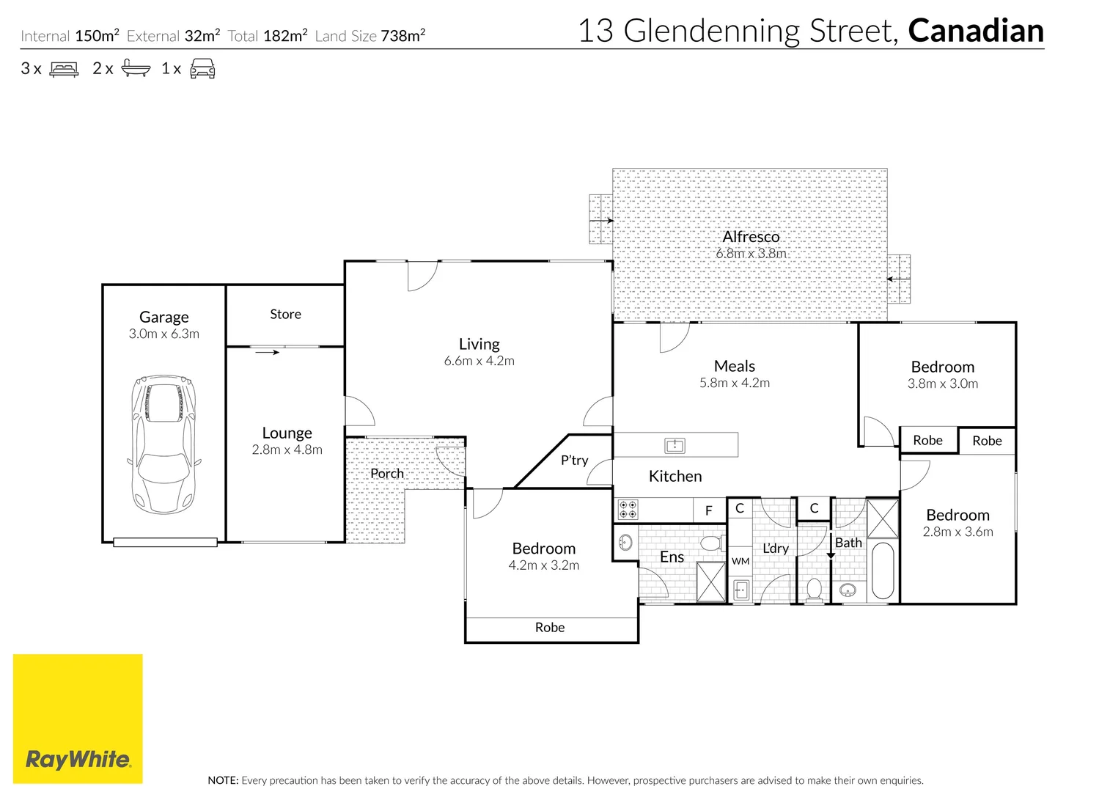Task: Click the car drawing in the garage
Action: [x=164, y=444]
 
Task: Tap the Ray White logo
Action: [x=78, y=719]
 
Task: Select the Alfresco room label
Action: [x=751, y=237]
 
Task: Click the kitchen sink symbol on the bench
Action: [x=675, y=446]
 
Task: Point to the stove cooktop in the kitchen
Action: [x=628, y=510]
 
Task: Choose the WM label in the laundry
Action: [x=740, y=561]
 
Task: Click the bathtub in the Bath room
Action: [x=882, y=571]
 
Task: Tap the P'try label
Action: [x=574, y=461]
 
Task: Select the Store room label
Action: [x=285, y=314]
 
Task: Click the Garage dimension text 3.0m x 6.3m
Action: [x=164, y=334]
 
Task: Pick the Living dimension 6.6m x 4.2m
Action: [x=479, y=361]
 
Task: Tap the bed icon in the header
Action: [x=64, y=69]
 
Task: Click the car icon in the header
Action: [x=202, y=68]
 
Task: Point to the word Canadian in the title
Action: [x=976, y=30]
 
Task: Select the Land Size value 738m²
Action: [x=403, y=35]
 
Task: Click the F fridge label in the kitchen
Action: [x=709, y=510]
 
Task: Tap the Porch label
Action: [x=387, y=473]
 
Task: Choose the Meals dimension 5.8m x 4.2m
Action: [x=735, y=383]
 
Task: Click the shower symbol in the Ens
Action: [x=711, y=582]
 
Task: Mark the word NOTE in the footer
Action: [x=223, y=780]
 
